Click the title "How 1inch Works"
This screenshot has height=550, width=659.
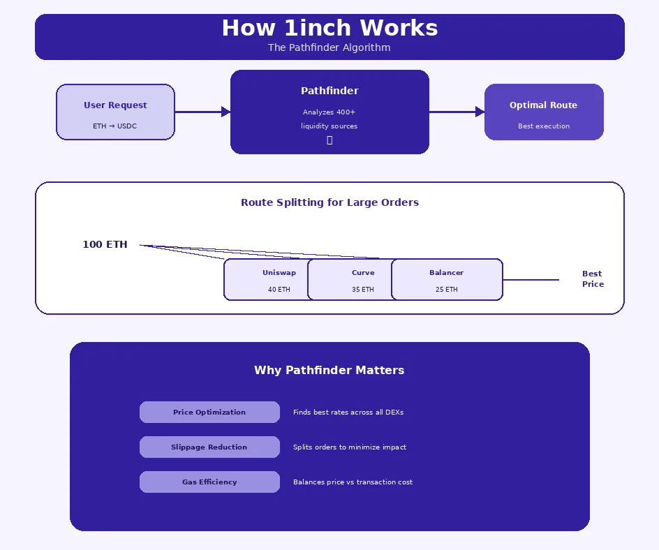[329, 29]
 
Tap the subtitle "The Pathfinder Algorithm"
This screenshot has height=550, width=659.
[329, 48]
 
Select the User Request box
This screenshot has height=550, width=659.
[115, 112]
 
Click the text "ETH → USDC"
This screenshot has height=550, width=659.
[115, 126]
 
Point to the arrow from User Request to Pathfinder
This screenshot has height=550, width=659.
[202, 112]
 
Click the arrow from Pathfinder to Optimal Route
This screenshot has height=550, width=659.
[456, 112]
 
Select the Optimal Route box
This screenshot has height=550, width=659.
[543, 112]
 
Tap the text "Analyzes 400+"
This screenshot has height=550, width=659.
[329, 112]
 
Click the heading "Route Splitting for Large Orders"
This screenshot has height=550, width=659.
[329, 202]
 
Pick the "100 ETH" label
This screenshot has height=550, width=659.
[105, 245]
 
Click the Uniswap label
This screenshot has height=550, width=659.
[279, 273]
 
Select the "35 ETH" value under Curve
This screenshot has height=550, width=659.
[363, 290]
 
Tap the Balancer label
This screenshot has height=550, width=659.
[447, 273]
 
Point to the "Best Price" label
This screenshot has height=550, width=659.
[593, 279]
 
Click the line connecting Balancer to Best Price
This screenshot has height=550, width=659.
[531, 280]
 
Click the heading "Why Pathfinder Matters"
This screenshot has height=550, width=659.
[329, 371]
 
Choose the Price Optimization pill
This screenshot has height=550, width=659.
[209, 412]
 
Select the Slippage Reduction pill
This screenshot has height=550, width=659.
[209, 447]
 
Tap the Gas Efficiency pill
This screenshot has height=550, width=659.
[209, 482]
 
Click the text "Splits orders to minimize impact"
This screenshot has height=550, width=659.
[350, 447]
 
